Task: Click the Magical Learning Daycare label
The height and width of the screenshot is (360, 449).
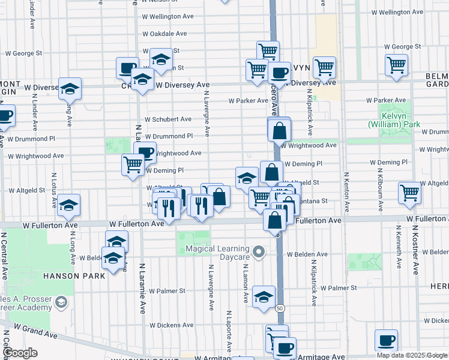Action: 217,253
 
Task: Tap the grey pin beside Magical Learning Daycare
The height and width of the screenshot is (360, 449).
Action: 259,252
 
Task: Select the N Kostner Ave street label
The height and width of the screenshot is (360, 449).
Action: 415,252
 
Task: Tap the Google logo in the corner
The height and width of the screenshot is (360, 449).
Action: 20,353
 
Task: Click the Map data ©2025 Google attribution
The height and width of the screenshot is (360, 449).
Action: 412,355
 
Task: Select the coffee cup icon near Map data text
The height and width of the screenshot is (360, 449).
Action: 386,340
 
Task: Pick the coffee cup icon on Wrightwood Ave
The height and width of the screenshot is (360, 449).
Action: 145,153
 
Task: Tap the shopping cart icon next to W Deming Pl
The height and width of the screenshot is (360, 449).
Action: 133,164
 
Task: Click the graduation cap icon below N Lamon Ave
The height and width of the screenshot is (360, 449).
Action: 263,296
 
